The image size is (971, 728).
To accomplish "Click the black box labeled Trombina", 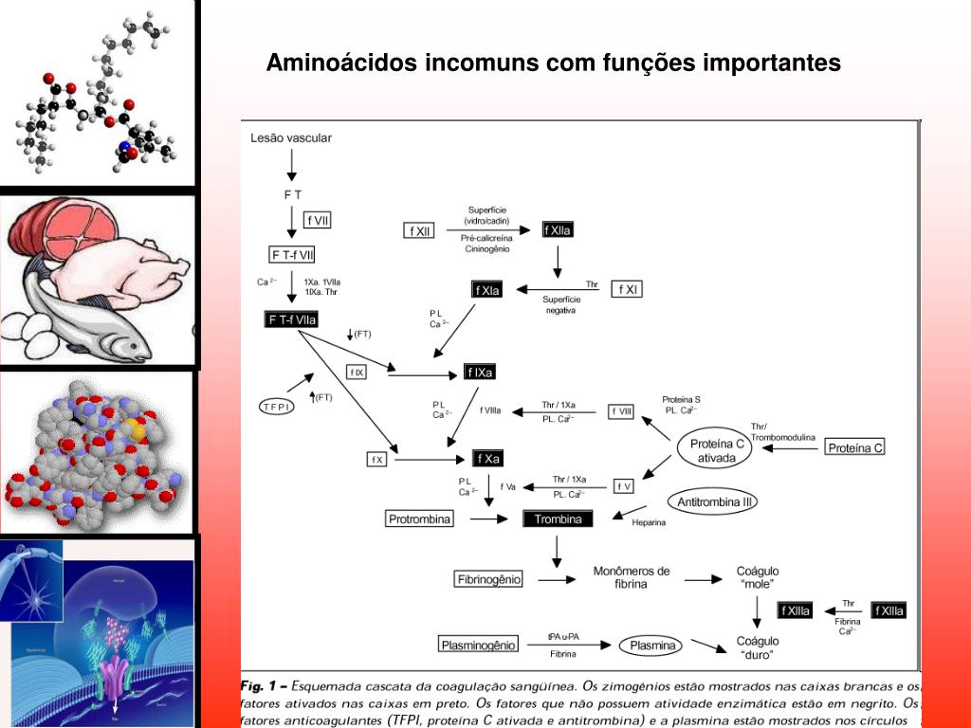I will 558,519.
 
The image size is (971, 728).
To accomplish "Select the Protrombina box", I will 420,519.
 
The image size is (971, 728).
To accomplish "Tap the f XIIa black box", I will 558,230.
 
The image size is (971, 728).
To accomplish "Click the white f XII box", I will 419,230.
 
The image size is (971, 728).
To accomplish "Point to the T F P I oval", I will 278,407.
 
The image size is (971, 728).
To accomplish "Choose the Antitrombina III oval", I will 715,501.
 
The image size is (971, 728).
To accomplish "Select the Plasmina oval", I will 650,646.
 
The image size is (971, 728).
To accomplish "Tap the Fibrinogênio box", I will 489,578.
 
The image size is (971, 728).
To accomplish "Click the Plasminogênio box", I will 479,645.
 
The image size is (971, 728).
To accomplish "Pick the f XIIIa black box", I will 795,610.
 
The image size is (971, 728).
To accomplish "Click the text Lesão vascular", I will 291,138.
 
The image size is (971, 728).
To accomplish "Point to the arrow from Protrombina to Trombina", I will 489,519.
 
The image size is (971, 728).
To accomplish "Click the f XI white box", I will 627,289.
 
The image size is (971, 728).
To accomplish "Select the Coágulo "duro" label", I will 758,647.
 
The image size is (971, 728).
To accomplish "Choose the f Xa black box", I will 487,459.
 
